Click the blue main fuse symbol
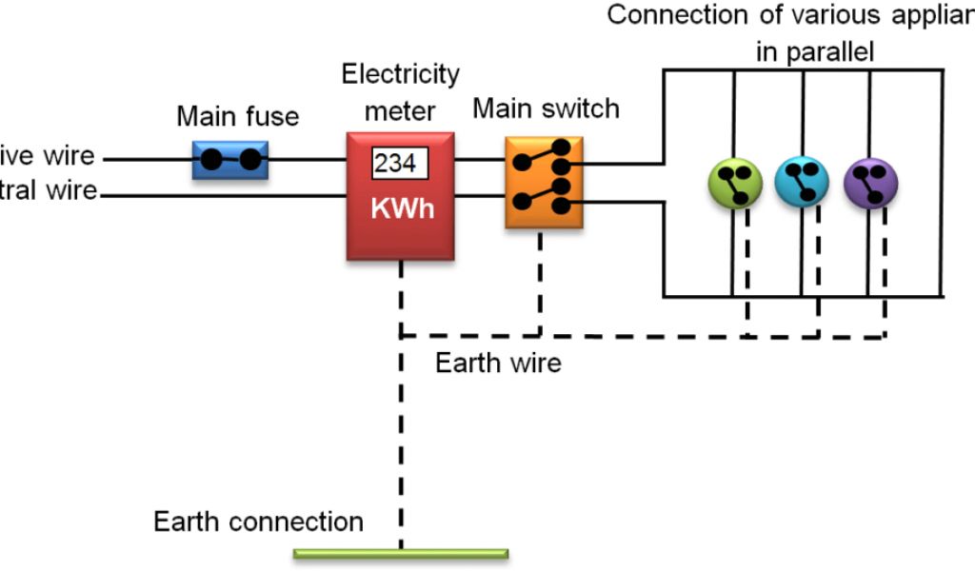click(x=230, y=160)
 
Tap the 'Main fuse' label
click(x=237, y=118)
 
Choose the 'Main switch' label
click(x=546, y=108)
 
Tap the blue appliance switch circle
click(x=802, y=183)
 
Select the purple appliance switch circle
click(x=870, y=183)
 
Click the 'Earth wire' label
click(x=498, y=363)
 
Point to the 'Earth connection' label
click(x=258, y=522)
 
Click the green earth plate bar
click(x=400, y=553)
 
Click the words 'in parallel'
click(x=814, y=51)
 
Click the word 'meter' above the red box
click(x=400, y=111)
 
